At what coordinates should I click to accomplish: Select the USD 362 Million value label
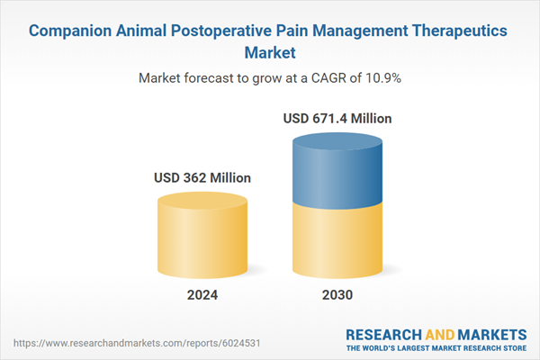pyautogui.click(x=202, y=177)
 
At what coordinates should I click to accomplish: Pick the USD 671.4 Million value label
pyautogui.click(x=337, y=118)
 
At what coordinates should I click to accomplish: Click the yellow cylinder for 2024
pyautogui.click(x=202, y=238)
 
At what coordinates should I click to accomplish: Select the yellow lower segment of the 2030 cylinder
pyautogui.click(x=337, y=238)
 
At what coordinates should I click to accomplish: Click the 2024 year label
pyautogui.click(x=202, y=295)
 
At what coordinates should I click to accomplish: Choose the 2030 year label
pyautogui.click(x=337, y=295)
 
